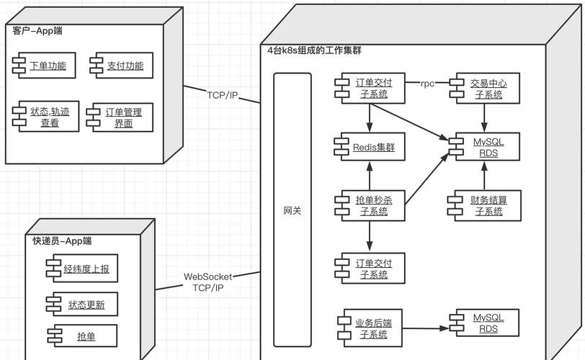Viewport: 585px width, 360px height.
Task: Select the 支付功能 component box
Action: point(122,66)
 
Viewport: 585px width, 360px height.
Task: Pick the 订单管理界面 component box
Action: point(121,117)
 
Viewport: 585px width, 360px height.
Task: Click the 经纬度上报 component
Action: point(83,269)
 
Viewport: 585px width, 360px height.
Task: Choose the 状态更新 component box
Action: point(83,305)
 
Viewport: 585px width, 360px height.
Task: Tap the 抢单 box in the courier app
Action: point(83,336)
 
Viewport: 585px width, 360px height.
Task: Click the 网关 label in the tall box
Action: point(292,210)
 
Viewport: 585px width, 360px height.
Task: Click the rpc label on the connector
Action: point(428,84)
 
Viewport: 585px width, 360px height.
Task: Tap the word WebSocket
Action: point(207,276)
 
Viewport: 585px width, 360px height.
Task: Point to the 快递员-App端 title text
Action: point(62,240)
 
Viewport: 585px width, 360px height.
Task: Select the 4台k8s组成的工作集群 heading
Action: point(314,50)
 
